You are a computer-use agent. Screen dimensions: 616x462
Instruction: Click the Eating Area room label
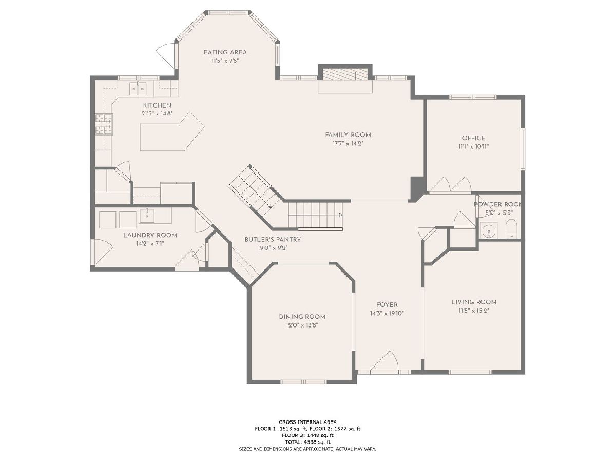[225, 52]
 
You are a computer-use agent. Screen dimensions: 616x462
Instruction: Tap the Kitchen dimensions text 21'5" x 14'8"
[157, 113]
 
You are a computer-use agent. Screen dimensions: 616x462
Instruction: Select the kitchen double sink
[138, 89]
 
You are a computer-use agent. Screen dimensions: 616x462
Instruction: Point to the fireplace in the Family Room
[345, 74]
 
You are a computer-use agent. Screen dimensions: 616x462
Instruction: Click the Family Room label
[348, 135]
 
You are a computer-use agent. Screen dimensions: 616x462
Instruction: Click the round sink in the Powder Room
[489, 231]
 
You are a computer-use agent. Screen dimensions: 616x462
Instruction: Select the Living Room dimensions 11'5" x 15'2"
[474, 311]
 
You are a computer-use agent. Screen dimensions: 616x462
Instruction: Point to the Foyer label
[387, 304]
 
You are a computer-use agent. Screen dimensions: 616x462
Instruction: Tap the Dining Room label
[302, 317]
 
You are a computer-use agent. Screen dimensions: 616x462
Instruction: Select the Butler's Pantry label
[273, 240]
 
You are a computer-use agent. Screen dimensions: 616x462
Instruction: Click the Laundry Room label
[150, 235]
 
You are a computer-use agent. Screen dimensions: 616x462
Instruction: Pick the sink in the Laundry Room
[147, 216]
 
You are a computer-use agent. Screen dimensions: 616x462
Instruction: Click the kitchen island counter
[171, 134]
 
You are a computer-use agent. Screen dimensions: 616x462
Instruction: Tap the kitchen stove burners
[104, 124]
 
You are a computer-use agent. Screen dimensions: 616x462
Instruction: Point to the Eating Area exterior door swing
[166, 56]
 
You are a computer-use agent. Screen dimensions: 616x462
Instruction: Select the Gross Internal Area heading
[308, 430]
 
